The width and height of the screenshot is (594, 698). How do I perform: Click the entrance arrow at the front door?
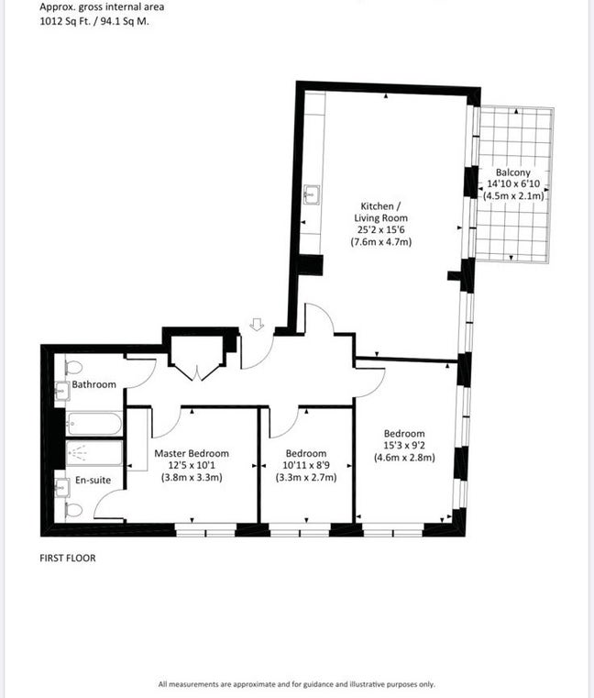258,324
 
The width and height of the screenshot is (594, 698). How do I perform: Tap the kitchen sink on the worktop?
312,194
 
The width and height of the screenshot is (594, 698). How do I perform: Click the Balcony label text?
512,172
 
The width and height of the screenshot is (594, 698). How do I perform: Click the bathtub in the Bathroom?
93,425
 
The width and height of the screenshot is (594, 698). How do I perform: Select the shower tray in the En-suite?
87,453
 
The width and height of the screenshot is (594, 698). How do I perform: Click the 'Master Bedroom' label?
192,453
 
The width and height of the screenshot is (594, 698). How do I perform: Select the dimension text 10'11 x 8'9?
305,465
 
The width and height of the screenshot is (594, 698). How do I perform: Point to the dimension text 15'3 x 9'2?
403,446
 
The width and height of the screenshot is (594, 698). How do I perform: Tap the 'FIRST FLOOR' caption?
67,558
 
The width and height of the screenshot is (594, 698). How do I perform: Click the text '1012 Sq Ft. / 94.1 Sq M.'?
94,21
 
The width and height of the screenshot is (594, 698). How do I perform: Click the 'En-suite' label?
93,479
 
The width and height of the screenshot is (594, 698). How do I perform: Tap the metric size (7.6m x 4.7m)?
380,242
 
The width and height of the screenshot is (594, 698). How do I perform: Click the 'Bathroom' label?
94,384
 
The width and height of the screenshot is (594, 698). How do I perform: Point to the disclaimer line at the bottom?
296,684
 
